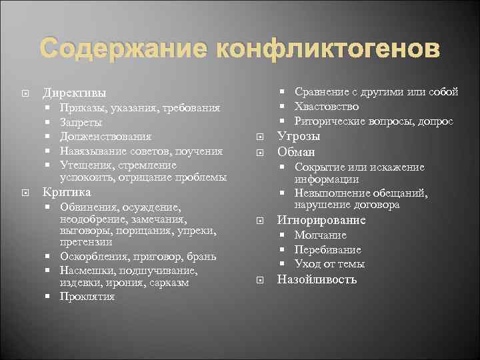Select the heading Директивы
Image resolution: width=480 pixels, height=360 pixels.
[x=74, y=93]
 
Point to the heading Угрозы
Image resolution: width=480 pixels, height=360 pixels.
[x=299, y=136]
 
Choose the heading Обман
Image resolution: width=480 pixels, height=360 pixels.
[x=296, y=152]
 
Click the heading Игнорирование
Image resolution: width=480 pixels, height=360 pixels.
[x=321, y=220]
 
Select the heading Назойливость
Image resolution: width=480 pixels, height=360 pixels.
[x=317, y=279]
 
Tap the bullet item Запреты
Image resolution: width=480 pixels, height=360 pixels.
[x=81, y=122]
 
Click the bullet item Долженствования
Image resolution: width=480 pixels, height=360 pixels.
[x=105, y=137]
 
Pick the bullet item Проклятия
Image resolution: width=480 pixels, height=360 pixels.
[x=87, y=297]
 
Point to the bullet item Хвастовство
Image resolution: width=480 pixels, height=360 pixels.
[x=327, y=107]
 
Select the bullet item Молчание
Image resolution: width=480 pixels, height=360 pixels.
[x=321, y=235]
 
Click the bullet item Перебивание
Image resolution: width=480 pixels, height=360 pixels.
[x=328, y=250]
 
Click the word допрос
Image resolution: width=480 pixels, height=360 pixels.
[x=436, y=121]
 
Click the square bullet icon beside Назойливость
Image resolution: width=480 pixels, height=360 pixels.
[x=261, y=280]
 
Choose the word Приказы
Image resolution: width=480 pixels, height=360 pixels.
[x=79, y=107]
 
